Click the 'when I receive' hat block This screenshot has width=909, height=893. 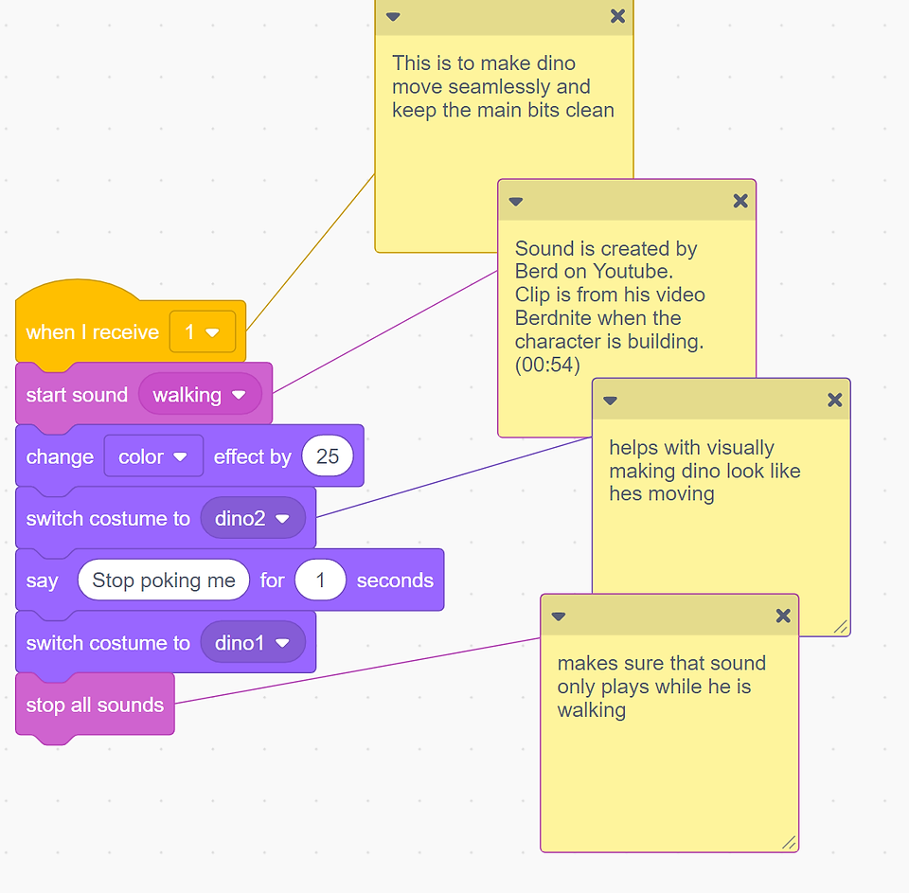(x=93, y=331)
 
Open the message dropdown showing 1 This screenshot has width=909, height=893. (x=203, y=331)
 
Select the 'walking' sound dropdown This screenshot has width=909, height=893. (x=200, y=395)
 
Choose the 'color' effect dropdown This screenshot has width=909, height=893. (x=153, y=457)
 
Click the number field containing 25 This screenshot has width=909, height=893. (x=328, y=456)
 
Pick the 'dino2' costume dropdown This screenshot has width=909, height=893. (x=253, y=518)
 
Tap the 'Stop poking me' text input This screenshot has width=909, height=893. (x=164, y=580)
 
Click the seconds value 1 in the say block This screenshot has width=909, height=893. (x=320, y=580)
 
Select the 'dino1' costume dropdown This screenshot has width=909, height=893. (x=253, y=642)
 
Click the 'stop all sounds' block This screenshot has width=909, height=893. (x=95, y=705)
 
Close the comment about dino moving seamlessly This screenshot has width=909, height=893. (x=618, y=16)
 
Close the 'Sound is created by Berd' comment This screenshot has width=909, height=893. (x=740, y=201)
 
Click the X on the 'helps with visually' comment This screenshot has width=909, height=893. (x=835, y=400)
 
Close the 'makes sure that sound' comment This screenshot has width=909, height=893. (x=783, y=616)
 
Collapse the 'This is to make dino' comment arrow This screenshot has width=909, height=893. (x=393, y=17)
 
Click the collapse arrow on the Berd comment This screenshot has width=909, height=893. (x=516, y=202)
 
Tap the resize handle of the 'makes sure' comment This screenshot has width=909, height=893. (x=789, y=843)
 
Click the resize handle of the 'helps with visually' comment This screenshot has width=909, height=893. (x=841, y=627)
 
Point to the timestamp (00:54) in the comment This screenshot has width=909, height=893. (x=547, y=365)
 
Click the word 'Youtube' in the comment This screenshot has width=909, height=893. (x=631, y=272)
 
